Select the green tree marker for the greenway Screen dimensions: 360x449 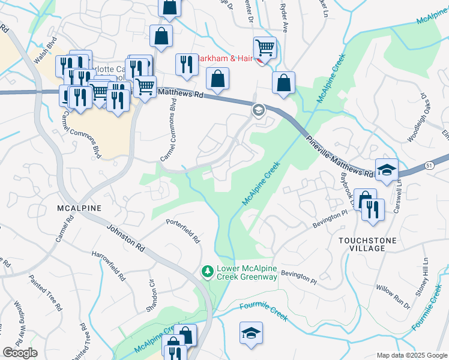pos(208,272)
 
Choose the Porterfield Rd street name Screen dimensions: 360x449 pos(183,230)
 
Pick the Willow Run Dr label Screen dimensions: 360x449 pos(393,296)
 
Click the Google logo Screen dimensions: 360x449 pos(20,353)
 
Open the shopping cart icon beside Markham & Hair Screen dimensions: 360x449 pos(265,47)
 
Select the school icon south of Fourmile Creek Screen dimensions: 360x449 pos(251,334)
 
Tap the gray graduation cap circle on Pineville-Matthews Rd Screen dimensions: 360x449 pos(258,110)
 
